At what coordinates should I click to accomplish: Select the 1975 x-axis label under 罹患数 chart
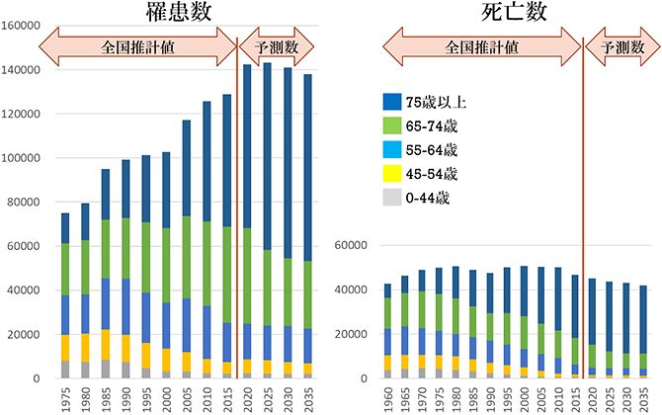click(65, 396)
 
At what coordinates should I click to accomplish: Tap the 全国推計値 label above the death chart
click(481, 47)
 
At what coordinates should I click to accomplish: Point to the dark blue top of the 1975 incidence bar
click(65, 227)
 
